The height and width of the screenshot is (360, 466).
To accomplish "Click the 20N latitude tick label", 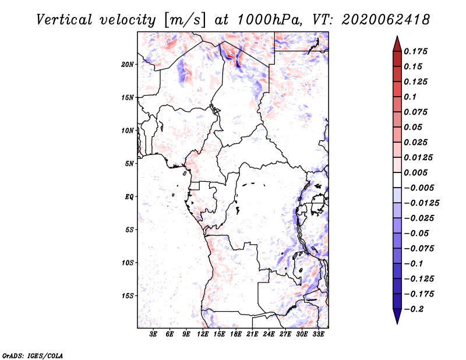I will point(128,64).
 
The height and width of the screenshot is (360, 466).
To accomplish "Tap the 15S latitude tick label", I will point(128,296).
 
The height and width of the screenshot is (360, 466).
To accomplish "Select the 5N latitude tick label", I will point(129,164).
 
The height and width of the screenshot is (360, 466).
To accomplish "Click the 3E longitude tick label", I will point(154,334).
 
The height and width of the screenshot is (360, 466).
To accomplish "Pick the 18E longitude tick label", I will point(236,334).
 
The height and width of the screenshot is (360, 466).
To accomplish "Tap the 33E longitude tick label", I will point(318,334).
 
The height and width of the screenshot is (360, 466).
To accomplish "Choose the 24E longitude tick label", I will point(269,334).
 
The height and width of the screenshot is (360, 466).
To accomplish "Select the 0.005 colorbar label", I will point(418,173).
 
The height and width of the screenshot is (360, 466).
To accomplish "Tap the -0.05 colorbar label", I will point(418,234).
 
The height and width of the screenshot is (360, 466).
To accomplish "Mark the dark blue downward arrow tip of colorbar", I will point(396,321).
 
